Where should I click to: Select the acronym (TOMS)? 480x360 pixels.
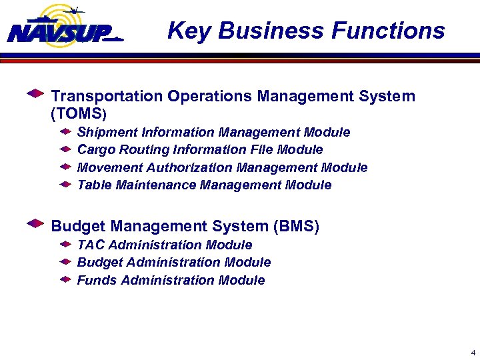79,114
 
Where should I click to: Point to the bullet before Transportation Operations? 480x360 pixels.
35,94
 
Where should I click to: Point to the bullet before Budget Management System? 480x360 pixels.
35,224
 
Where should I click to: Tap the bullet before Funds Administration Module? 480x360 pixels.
65,279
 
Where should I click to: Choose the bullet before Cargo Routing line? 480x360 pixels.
65,149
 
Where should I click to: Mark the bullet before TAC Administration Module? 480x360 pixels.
65,245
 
